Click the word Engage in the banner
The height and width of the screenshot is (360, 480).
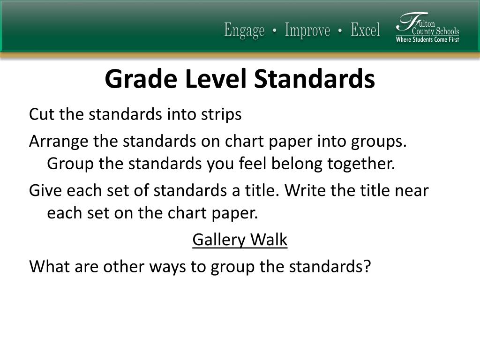click(x=244, y=31)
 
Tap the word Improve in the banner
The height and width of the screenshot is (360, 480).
click(x=307, y=31)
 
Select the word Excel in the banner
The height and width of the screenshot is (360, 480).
click(x=365, y=31)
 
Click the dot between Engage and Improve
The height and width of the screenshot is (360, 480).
click(x=275, y=31)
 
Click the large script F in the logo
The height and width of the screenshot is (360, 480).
click(x=406, y=23)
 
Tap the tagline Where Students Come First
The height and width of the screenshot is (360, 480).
click(x=427, y=39)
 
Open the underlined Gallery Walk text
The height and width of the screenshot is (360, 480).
click(x=240, y=240)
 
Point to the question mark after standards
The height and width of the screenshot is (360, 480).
click(x=367, y=266)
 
